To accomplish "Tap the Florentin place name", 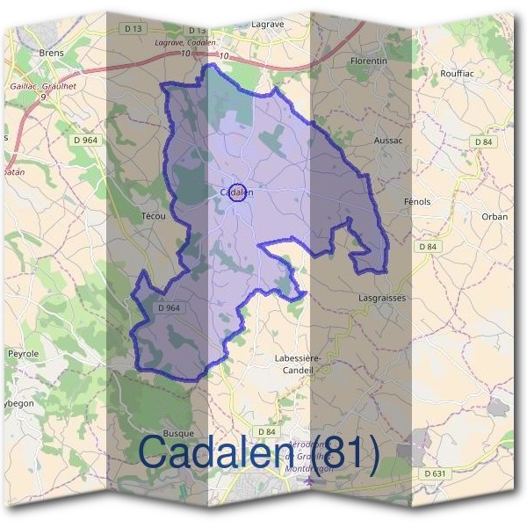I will pyautogui.click(x=369, y=61).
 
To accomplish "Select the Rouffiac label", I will pyautogui.click(x=457, y=73).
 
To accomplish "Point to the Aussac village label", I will pyautogui.click(x=387, y=140).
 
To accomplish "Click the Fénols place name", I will pyautogui.click(x=417, y=201).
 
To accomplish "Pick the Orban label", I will pyautogui.click(x=495, y=216).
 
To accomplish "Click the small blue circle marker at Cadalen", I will pyautogui.click(x=236, y=193).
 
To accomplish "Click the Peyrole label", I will pyautogui.click(x=24, y=353).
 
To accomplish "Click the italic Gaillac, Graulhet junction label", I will pyautogui.click(x=40, y=87).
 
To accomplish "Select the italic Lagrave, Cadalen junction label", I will pyautogui.click(x=185, y=42).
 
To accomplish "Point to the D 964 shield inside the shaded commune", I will pyautogui.click(x=170, y=308).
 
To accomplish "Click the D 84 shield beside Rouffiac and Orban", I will pyautogui.click(x=484, y=141).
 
